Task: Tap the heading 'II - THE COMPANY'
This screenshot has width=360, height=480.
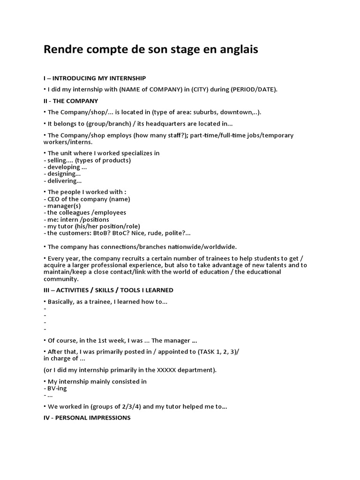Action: point(71,101)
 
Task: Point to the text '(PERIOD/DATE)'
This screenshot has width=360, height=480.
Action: point(254,89)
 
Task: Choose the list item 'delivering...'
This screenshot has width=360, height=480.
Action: point(64,181)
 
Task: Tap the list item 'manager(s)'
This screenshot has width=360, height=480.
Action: point(64,206)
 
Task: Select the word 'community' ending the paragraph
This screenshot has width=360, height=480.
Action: point(60,279)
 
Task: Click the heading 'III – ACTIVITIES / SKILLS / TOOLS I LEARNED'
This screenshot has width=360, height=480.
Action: point(108,290)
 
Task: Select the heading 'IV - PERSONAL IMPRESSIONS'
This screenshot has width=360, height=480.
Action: point(87,417)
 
